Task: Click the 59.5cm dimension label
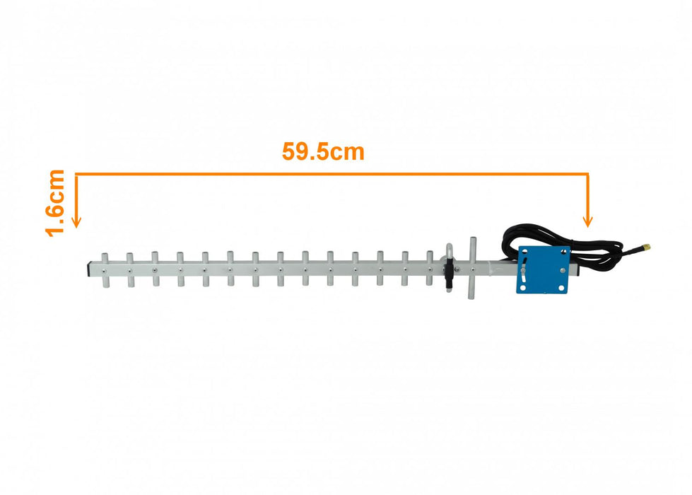tap(323, 151)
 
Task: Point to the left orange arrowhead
tap(76, 221)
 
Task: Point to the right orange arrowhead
tap(588, 221)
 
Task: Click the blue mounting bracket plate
tap(544, 269)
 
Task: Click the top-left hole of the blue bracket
tap(525, 252)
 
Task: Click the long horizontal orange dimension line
tap(332, 173)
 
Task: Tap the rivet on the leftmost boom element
tap(105, 269)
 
